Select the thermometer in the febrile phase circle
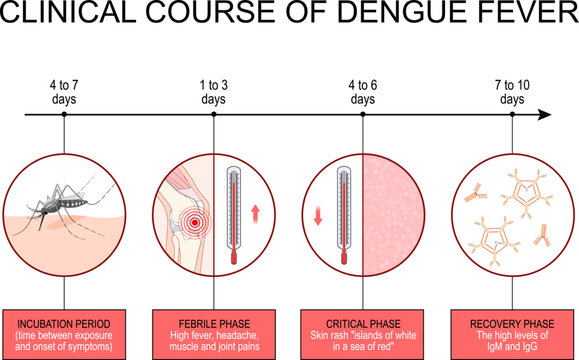(231, 212)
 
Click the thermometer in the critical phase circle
(344, 212)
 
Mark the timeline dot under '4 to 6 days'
(363, 115)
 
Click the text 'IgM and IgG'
(512, 347)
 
